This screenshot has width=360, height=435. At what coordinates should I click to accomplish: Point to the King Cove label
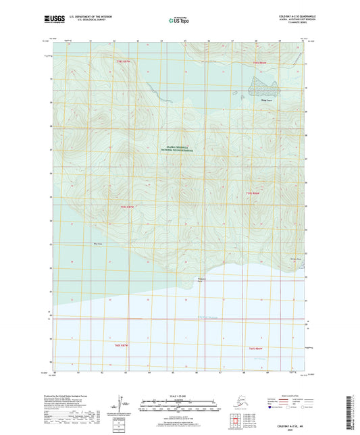[x=260, y=99]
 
